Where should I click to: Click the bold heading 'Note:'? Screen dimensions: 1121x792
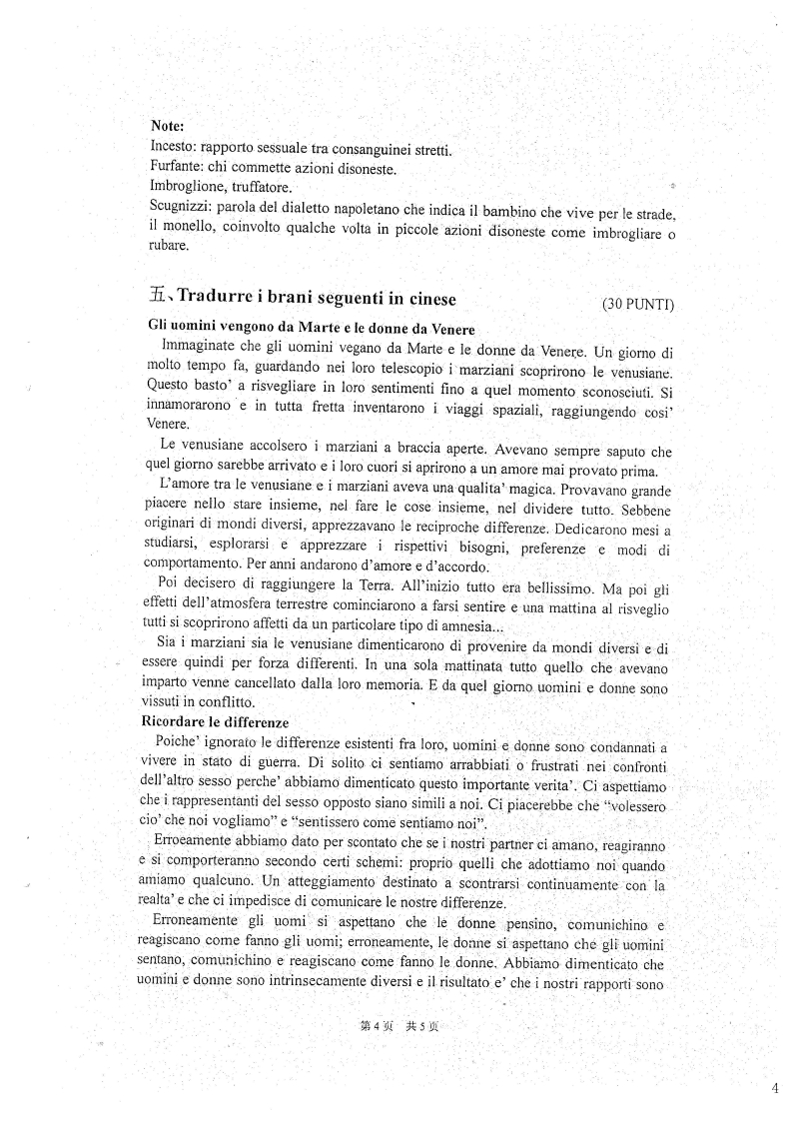tap(167, 127)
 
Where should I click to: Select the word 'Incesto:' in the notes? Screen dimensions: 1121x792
tap(171, 149)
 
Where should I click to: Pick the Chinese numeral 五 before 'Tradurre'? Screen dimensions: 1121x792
tap(158, 296)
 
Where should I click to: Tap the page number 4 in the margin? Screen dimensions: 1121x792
tap(775, 1089)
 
